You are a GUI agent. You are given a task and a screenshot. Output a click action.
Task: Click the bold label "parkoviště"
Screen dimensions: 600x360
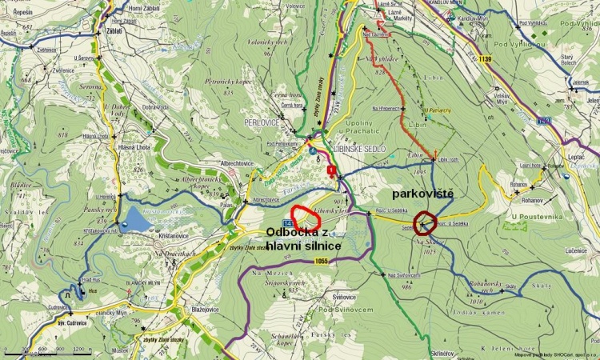423,194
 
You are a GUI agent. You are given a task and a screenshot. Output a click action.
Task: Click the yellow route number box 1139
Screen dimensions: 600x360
484,59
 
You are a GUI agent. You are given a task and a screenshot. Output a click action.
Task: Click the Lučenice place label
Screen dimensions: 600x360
574,251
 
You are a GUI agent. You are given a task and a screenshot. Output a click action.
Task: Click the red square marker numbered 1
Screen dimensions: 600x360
331,169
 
